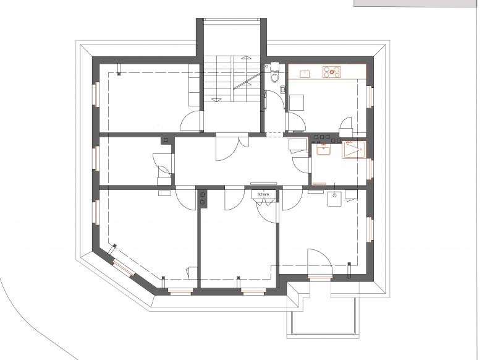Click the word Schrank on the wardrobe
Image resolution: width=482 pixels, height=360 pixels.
point(264,195)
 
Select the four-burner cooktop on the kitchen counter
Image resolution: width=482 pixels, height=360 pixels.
point(331,72)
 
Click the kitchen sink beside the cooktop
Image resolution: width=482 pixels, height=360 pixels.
point(305,74)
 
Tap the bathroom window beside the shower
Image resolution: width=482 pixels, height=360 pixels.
point(370,167)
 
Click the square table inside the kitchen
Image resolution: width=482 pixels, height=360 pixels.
point(297,102)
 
